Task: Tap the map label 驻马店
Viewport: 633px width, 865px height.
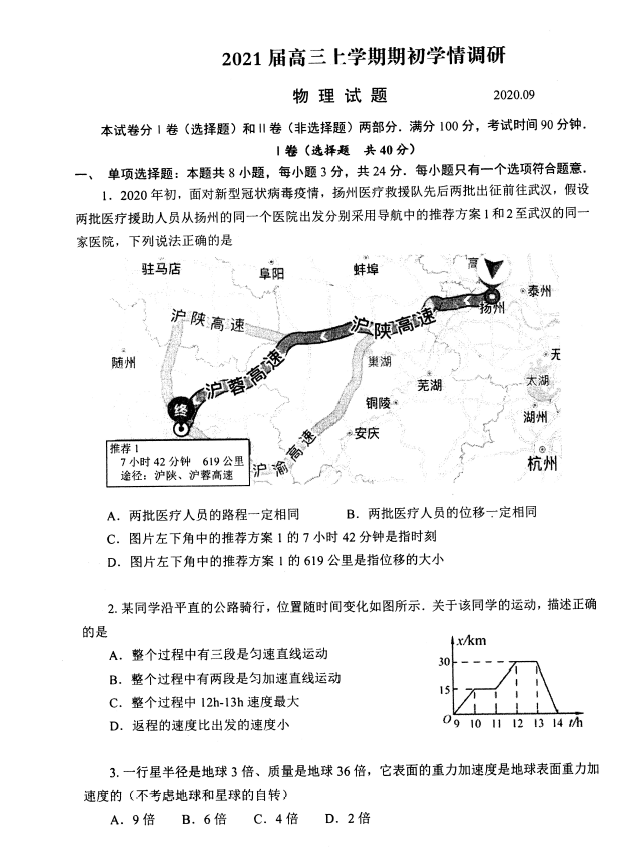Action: tap(161, 269)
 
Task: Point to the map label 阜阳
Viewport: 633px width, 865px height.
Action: tap(271, 273)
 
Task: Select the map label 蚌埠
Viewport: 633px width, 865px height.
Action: tap(366, 269)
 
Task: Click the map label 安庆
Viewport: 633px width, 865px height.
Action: tap(366, 434)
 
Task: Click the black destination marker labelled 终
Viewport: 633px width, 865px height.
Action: tap(181, 410)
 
